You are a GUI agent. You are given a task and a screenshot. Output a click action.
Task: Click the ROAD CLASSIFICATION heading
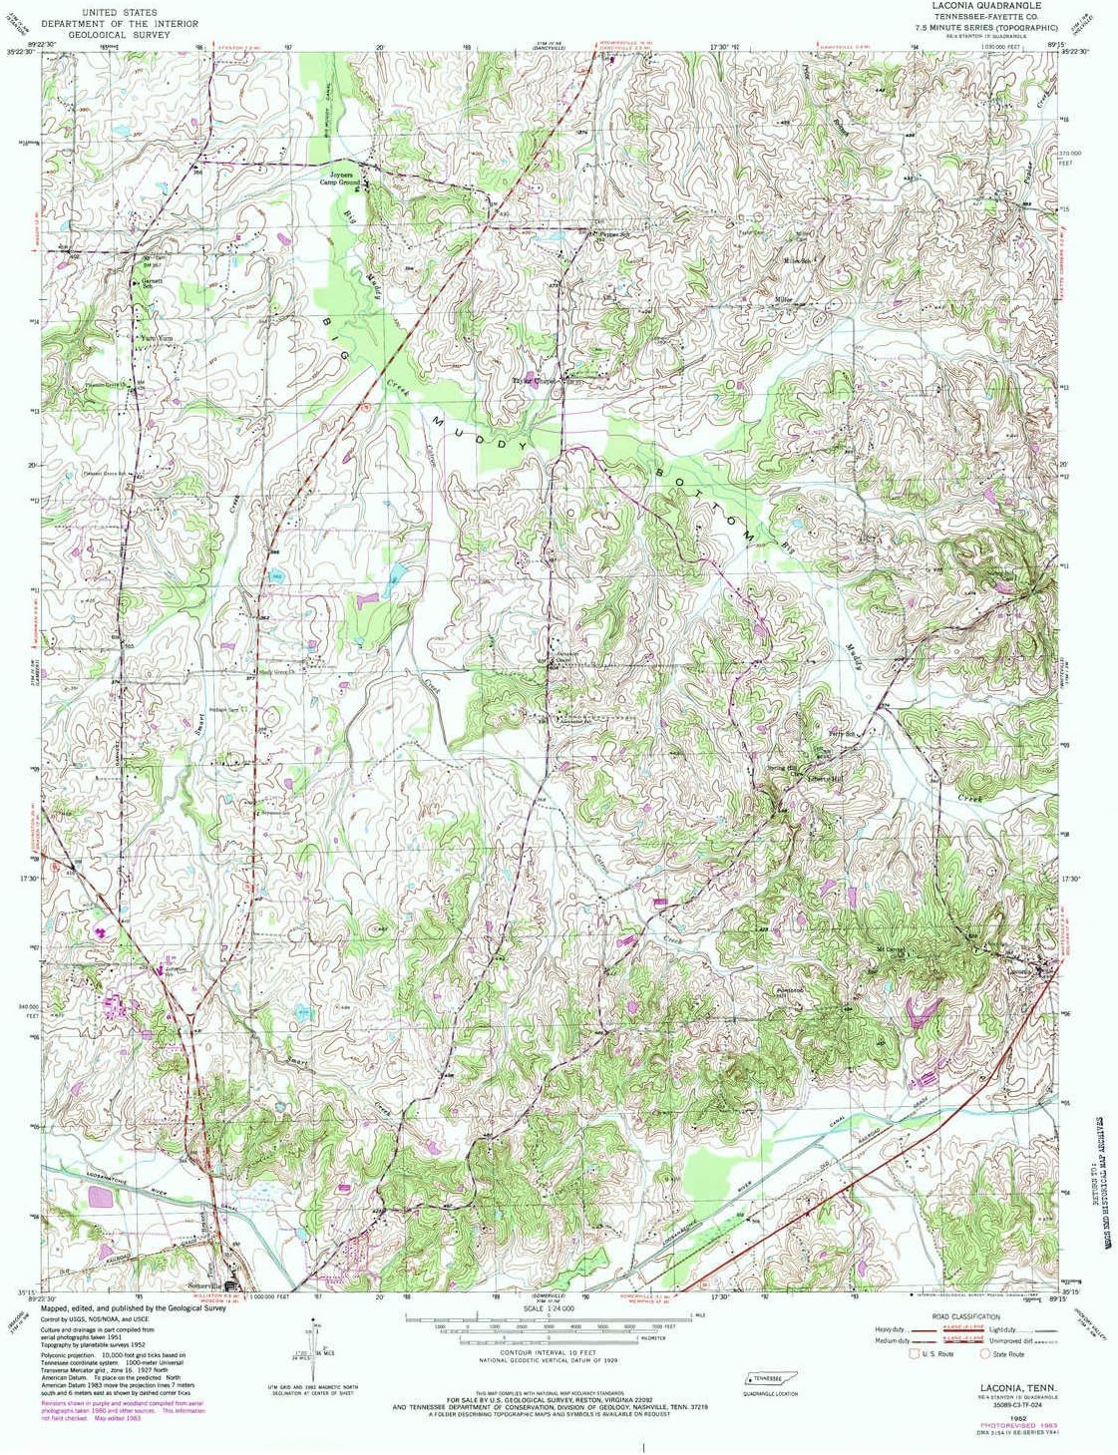click(x=965, y=1316)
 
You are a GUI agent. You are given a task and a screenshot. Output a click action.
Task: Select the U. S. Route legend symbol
click(x=914, y=1353)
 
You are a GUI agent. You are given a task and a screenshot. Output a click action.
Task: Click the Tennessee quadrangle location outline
click(x=771, y=1377)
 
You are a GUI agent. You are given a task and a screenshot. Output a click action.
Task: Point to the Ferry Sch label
click(x=826, y=733)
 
